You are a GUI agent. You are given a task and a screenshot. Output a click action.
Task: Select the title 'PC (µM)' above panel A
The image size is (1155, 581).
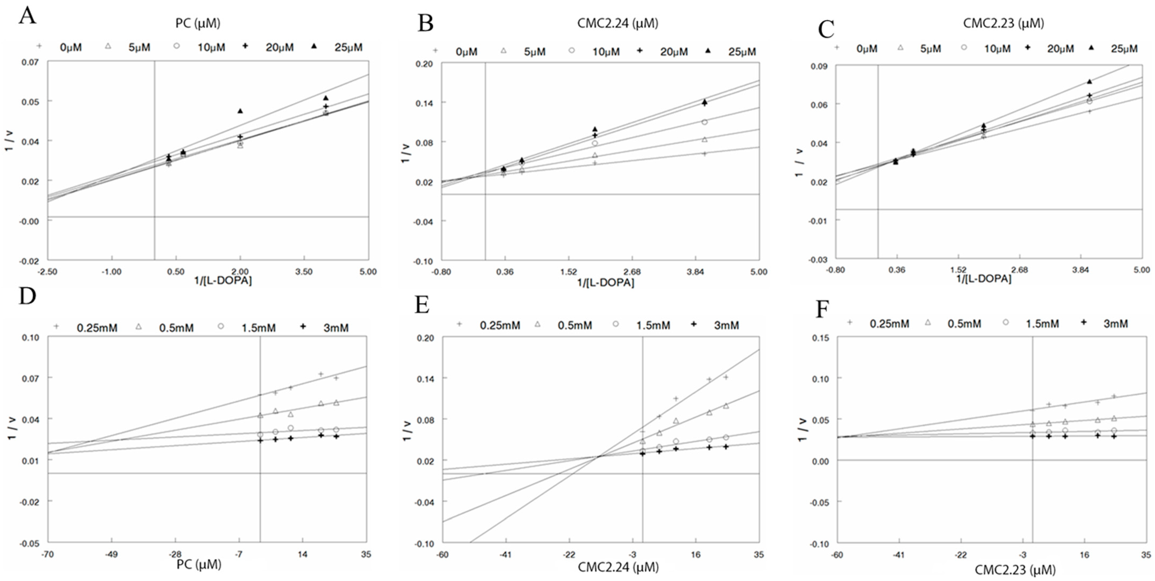coord(198,23)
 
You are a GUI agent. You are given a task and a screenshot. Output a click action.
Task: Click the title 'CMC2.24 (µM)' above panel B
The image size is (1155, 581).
coord(617,23)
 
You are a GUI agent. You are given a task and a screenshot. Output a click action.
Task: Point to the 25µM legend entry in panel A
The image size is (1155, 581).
coord(337,47)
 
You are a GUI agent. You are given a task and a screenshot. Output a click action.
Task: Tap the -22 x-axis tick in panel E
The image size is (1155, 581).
coord(569,555)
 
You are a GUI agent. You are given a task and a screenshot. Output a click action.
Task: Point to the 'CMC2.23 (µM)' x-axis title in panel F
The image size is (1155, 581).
coord(1015,570)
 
